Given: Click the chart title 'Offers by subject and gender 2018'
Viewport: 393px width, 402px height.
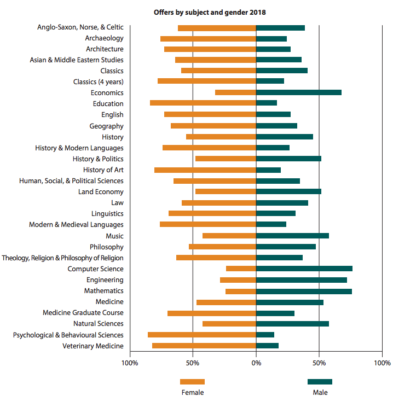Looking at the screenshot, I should (210, 12).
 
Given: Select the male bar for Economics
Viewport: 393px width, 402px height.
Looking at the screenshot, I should (298, 92).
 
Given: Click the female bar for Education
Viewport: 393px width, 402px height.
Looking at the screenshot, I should (203, 103).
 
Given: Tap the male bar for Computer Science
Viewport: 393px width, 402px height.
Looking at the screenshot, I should (304, 269).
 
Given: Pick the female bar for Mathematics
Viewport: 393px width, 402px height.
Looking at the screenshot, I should (241, 291).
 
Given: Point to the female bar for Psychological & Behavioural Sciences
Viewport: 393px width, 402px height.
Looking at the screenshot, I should (202, 335).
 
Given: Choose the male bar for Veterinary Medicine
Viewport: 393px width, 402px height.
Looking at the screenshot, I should (267, 346).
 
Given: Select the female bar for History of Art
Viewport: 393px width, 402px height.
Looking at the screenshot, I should (205, 170).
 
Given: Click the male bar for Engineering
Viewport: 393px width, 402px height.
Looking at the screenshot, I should (301, 280).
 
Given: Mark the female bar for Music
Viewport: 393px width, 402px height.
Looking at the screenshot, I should (229, 236).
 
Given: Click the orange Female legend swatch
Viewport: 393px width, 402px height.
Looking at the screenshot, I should (192, 382).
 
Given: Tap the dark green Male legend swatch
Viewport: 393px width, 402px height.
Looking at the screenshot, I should (320, 382).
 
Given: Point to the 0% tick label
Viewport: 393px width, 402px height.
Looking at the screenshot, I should (256, 363).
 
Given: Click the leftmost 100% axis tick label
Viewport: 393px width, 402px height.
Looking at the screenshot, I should (130, 363).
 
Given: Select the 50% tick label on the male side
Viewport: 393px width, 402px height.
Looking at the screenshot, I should (319, 363).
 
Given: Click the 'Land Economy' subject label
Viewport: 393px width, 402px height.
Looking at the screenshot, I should (101, 192).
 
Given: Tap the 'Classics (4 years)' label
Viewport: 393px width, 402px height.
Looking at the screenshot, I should (98, 81).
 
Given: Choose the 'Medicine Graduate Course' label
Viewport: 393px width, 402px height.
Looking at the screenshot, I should (83, 313).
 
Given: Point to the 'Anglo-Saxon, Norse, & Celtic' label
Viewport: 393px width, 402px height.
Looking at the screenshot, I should (80, 27).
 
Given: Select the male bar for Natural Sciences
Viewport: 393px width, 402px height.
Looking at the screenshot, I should (292, 324).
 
